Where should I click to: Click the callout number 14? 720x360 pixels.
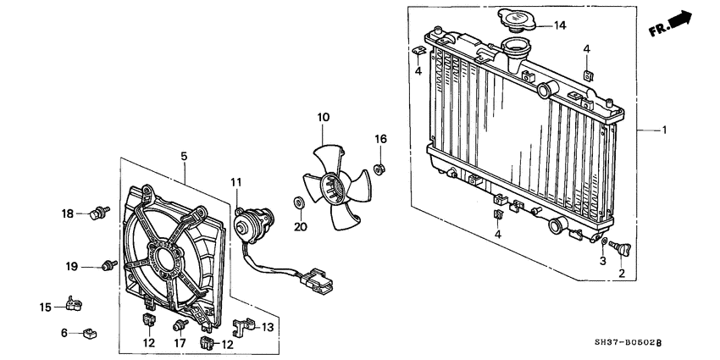(x=559, y=25)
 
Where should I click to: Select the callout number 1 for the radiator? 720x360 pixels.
(x=665, y=130)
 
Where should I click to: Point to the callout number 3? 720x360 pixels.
(x=602, y=263)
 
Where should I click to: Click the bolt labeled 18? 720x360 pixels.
(x=100, y=212)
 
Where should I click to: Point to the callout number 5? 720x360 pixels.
(x=184, y=156)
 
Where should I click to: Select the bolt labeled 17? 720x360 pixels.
(x=180, y=325)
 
